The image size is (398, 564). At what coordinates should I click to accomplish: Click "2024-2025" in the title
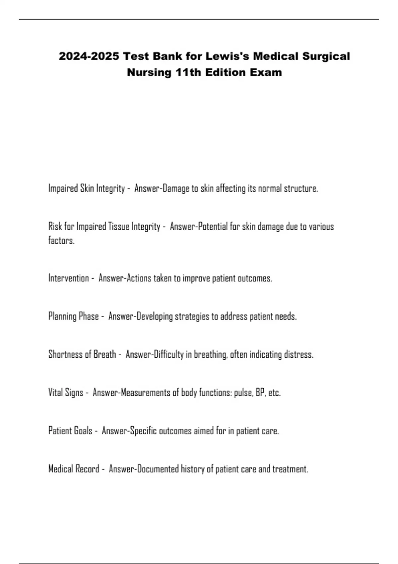coord(89,56)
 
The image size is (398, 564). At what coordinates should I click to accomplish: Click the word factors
coord(61,241)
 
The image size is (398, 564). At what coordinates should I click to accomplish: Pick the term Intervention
coord(69,278)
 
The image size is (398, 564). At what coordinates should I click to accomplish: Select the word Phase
coord(89,316)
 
